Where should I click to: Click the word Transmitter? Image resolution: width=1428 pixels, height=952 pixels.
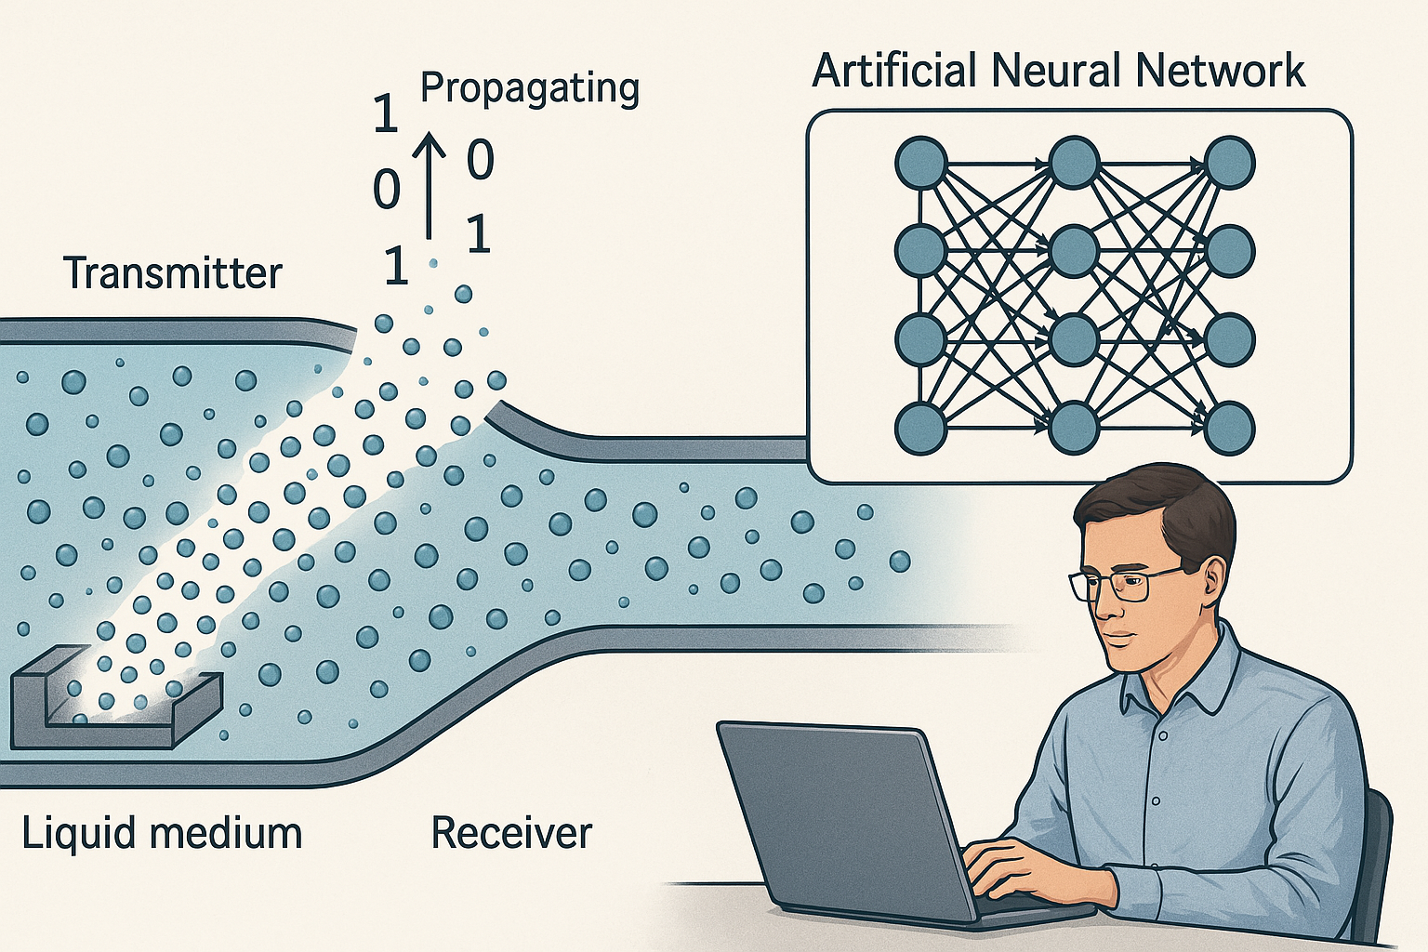[173, 273]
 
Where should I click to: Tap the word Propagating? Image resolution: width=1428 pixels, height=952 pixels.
[529, 89]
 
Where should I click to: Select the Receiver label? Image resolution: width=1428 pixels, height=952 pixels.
[512, 832]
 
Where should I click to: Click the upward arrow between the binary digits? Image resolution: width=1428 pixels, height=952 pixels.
[430, 185]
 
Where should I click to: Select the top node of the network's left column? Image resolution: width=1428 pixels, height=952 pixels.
[919, 163]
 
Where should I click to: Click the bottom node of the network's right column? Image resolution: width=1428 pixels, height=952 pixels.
[1229, 429]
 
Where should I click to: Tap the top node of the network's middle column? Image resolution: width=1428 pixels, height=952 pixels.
[1075, 163]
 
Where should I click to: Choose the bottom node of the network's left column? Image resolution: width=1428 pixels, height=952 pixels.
[919, 429]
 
